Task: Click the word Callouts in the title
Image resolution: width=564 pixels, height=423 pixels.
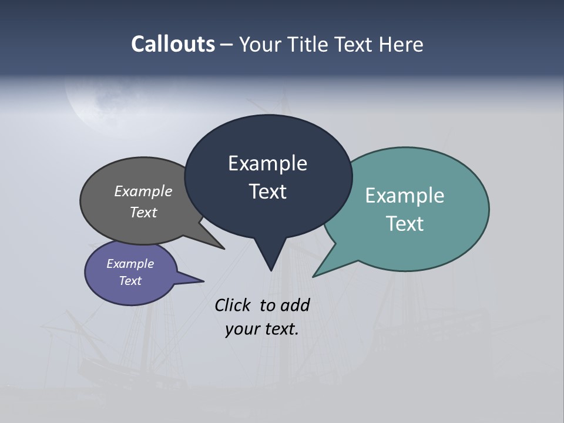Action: (173, 44)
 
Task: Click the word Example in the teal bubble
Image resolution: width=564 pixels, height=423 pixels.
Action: (405, 196)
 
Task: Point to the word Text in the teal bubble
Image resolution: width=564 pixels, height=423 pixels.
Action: (405, 224)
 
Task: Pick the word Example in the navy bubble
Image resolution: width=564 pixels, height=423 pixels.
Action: (267, 163)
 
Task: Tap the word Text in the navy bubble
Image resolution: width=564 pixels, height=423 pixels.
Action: (267, 192)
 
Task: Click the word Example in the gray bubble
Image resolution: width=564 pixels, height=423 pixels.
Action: (143, 192)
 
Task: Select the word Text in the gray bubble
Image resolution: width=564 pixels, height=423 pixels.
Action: (143, 212)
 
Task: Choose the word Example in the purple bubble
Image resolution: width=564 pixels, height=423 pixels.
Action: (130, 264)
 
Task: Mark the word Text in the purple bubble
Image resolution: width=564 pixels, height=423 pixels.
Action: (130, 281)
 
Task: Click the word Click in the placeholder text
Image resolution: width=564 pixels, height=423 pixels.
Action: (233, 305)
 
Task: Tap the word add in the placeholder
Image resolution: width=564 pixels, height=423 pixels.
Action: (295, 305)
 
